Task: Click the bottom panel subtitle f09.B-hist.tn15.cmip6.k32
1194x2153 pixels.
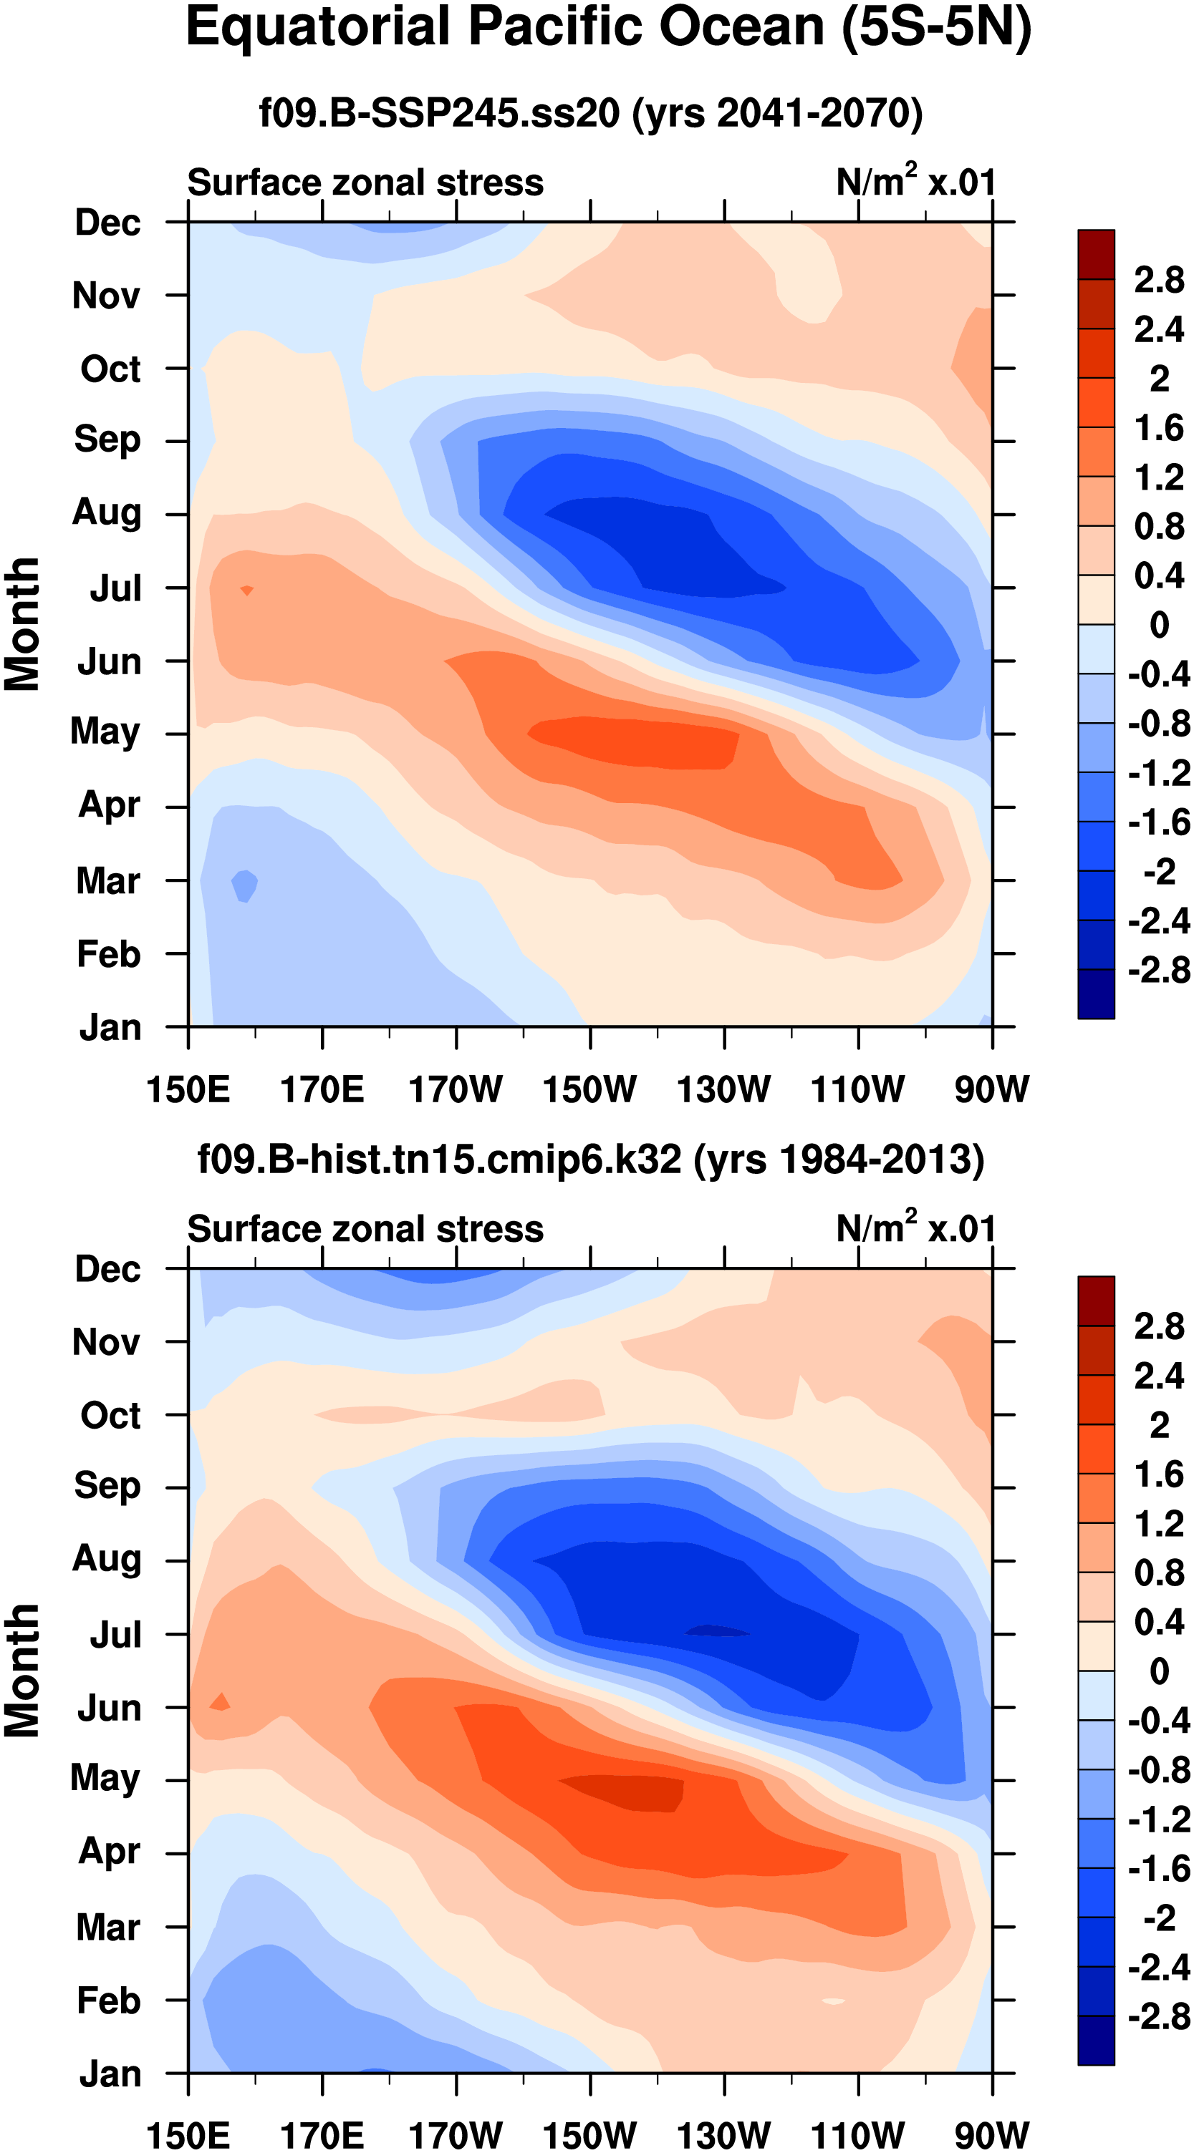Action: (x=590, y=1160)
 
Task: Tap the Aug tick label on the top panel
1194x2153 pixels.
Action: (x=107, y=512)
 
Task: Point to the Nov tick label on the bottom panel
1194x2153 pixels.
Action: (x=106, y=1342)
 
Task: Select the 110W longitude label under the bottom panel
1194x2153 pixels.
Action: (x=858, y=2134)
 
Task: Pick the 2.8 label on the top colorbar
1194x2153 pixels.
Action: (x=1159, y=280)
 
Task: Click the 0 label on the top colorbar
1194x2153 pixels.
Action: (x=1159, y=624)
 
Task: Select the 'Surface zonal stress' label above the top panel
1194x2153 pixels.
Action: (x=365, y=183)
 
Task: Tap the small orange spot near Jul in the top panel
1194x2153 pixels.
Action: (x=246, y=590)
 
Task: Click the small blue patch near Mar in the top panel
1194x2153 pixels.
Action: (x=244, y=884)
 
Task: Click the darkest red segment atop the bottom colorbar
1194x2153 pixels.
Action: (x=1095, y=1301)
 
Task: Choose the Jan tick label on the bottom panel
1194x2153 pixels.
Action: (x=110, y=2074)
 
